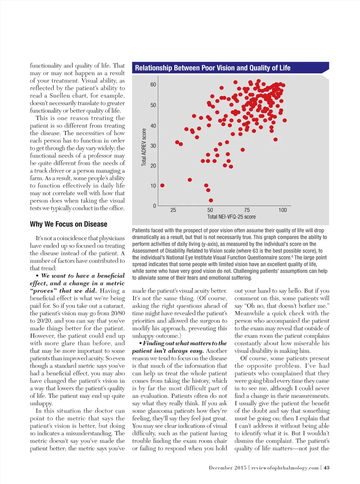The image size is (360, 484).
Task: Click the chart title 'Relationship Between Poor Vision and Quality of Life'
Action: tap(213, 68)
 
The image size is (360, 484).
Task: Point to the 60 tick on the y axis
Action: tap(153, 85)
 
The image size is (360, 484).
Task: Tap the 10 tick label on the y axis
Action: tap(153, 186)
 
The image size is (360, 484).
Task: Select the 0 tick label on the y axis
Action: tap(155, 206)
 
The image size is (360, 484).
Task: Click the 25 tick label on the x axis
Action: tap(173, 210)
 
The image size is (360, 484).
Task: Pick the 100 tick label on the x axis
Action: tap(283, 210)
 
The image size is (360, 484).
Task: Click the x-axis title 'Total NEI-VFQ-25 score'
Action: tap(231, 217)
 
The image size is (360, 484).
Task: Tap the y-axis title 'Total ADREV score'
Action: tap(144, 147)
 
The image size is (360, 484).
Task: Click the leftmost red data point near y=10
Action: tap(162, 185)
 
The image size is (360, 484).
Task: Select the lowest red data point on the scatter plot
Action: tap(211, 200)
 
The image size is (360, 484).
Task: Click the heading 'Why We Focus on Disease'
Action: tap(69, 224)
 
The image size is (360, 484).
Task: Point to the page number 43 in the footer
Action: tap(327, 468)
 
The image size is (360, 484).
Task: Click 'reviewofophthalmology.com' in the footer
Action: tap(285, 468)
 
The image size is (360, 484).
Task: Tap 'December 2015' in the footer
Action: tap(227, 468)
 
